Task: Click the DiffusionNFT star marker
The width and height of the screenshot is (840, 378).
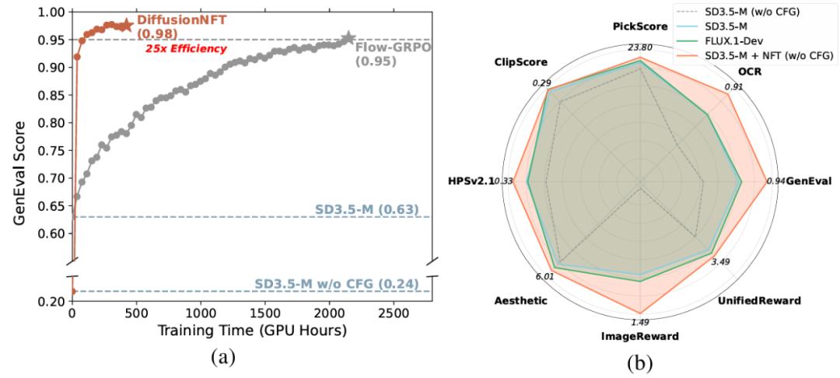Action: click(x=126, y=26)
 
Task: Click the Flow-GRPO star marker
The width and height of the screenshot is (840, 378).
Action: click(x=348, y=38)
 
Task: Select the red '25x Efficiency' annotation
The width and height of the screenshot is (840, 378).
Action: click(x=187, y=49)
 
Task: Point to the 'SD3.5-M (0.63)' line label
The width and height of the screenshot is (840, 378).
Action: click(x=367, y=209)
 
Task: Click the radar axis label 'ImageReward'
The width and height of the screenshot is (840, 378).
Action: click(x=640, y=337)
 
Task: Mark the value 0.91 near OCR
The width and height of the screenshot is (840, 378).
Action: click(x=733, y=87)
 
